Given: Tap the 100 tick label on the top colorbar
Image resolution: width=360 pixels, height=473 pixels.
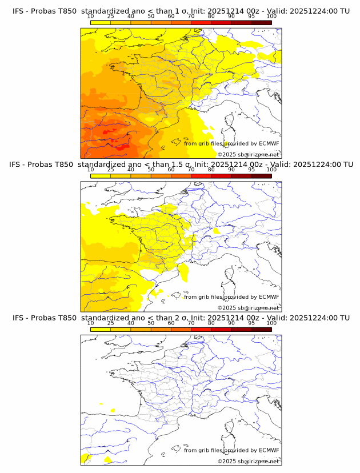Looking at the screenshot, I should coord(271,17).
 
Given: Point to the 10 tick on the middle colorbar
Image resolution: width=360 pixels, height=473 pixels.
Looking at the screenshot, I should coord(90,170).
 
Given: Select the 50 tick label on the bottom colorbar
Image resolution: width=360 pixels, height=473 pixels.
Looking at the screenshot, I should coord(151,323).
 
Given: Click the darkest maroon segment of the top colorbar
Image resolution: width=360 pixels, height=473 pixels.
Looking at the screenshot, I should coord(261,23).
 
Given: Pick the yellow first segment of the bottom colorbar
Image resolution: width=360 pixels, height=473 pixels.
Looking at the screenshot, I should coord(101,329).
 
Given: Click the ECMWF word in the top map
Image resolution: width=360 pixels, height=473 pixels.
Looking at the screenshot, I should coord(269,144).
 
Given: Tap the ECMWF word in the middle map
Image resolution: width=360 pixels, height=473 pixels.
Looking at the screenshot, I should coord(269,297).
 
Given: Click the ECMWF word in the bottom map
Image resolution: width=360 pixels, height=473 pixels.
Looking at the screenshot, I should coord(269,450).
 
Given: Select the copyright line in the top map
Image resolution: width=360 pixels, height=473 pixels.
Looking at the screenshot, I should coord(249,154).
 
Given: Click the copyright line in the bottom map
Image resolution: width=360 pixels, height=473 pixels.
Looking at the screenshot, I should coord(249,460).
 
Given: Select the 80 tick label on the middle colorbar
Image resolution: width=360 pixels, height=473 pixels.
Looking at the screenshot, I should coord(211,170).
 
